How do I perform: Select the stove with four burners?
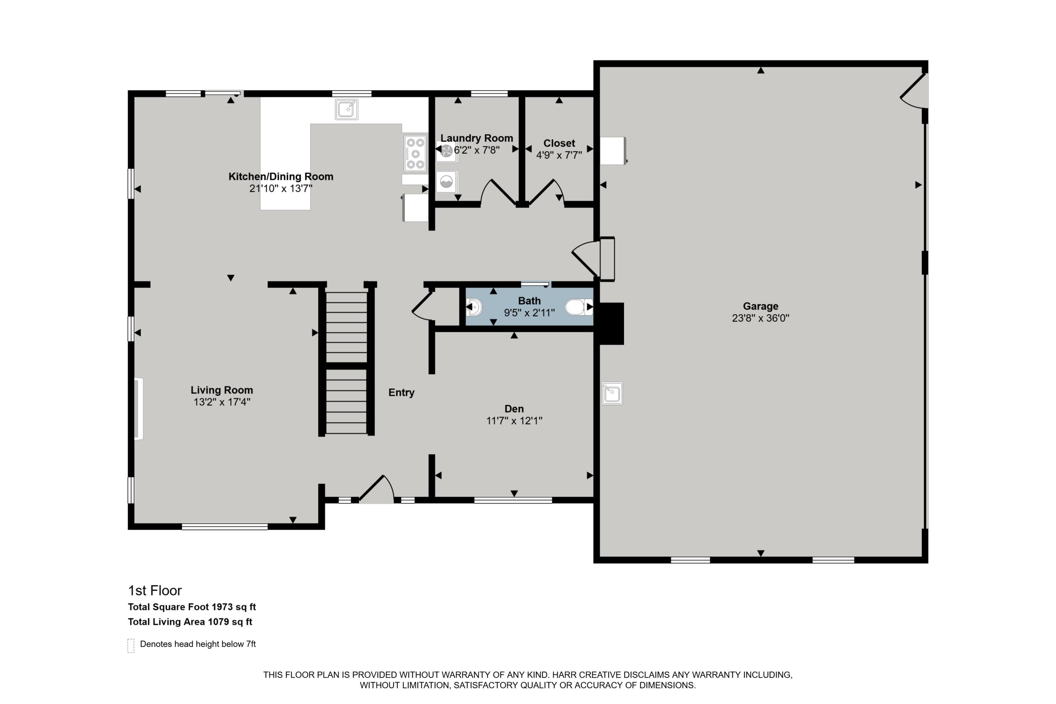[x=415, y=153]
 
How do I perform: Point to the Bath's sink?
[x=474, y=308]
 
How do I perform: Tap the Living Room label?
[x=221, y=390]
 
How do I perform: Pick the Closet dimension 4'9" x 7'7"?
[x=559, y=155]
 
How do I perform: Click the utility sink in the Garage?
[x=612, y=394]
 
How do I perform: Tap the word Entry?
[x=401, y=392]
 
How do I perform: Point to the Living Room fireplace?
[x=138, y=409]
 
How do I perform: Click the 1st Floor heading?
[x=155, y=590]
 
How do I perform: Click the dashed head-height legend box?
[x=131, y=645]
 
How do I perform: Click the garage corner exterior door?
[x=914, y=92]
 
